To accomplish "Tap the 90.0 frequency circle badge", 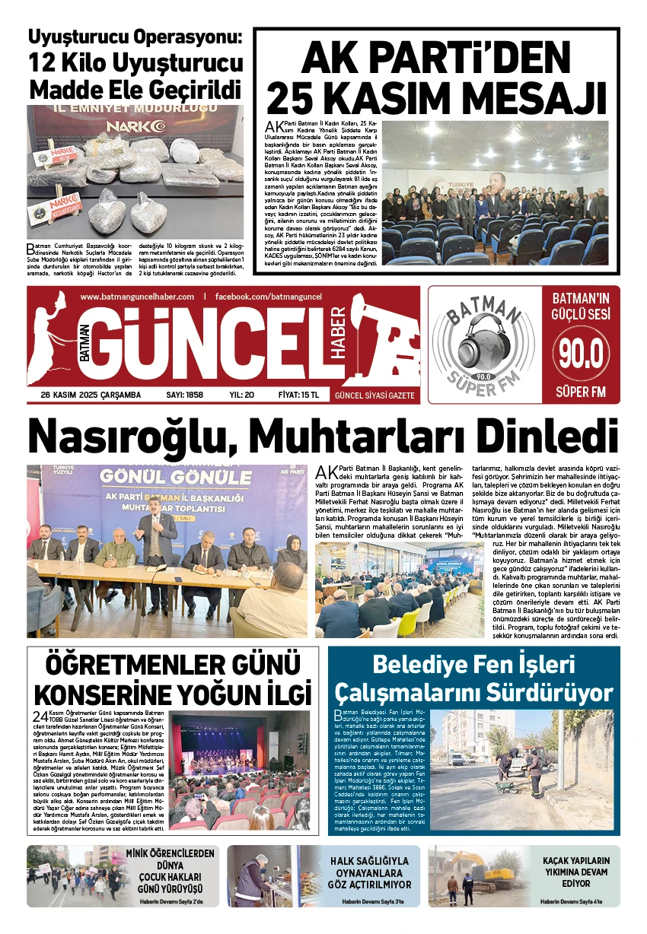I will coord(582,353).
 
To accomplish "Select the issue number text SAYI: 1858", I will coord(184,395).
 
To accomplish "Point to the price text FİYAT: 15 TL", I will coord(298,395).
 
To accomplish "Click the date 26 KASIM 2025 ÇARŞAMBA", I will coord(91,395).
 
